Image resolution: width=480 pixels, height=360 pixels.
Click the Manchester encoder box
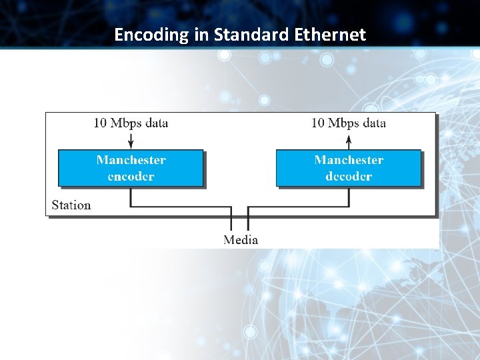point(131,168)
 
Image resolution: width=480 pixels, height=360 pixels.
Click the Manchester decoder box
point(349,168)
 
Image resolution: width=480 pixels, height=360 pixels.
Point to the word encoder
point(131,177)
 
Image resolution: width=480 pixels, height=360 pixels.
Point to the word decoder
point(349,177)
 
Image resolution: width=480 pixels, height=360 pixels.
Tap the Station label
point(71,205)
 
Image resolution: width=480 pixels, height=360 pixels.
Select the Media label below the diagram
point(241,239)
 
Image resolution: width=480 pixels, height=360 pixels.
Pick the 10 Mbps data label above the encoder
point(131,123)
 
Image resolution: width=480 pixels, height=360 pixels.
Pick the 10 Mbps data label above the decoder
point(349,123)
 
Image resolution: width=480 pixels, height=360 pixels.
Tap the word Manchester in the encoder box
point(131,160)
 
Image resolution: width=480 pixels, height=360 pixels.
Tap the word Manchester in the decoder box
point(349,160)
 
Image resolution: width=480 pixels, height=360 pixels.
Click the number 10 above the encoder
point(100,123)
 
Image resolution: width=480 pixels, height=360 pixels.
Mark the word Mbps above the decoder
point(344,123)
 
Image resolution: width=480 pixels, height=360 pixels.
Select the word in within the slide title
point(201,35)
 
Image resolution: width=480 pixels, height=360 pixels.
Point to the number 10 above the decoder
point(318,123)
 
